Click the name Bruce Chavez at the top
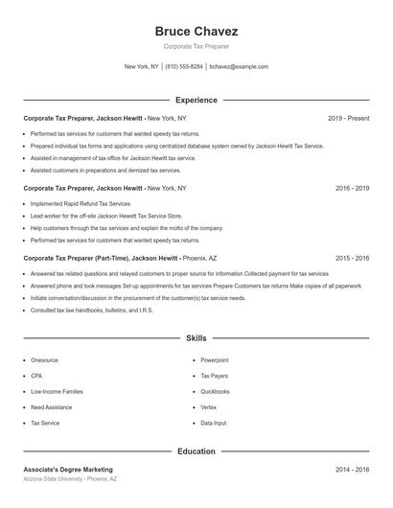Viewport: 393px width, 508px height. point(196,31)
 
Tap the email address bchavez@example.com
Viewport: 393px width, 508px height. point(239,67)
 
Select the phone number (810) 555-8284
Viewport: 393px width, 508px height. point(184,67)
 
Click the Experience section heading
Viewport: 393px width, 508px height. point(196,100)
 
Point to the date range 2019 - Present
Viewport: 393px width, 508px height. point(349,118)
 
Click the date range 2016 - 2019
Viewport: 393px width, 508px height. point(353,188)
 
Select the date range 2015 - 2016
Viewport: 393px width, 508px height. point(353,258)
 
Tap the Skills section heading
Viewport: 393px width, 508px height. point(196,338)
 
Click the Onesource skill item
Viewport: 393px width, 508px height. point(44,360)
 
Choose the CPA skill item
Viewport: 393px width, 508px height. point(36,376)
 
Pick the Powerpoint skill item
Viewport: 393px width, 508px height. point(215,360)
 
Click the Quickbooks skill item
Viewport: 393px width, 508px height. point(215,391)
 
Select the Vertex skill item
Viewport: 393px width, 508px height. point(209,407)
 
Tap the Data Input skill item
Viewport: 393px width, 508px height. point(214,423)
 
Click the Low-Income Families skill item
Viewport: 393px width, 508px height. point(57,391)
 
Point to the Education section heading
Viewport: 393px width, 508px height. point(196,450)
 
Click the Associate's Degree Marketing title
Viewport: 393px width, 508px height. point(68,470)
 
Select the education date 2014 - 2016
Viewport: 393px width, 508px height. point(353,470)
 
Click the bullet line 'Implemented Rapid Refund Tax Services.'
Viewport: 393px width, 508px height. point(81,204)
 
